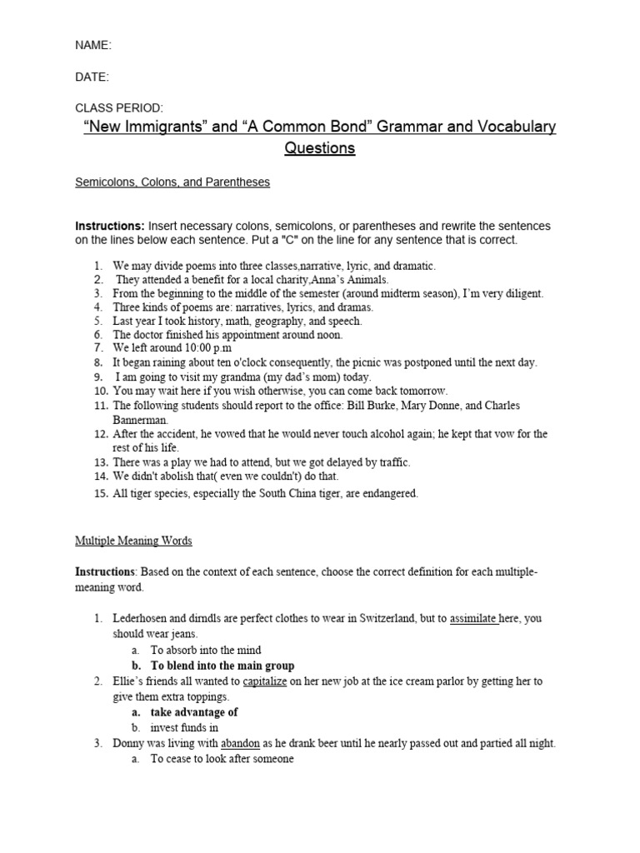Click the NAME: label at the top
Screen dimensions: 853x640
93,46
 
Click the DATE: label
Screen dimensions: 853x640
92,77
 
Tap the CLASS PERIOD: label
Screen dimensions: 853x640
119,108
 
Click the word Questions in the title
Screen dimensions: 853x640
319,148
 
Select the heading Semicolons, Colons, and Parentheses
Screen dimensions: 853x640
172,182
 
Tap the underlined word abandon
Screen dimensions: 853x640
240,744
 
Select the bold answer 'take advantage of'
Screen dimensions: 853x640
194,712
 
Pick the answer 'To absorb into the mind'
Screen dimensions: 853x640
206,650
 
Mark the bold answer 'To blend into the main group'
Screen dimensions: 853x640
222,666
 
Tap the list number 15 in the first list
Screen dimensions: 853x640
99,493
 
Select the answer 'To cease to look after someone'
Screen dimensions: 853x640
222,760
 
